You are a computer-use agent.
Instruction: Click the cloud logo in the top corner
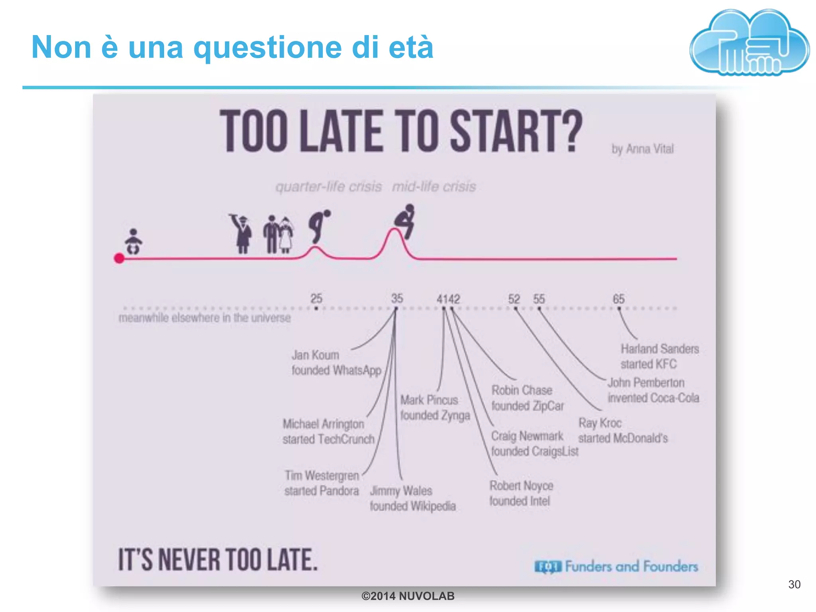[749, 43]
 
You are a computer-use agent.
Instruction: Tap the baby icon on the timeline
[133, 241]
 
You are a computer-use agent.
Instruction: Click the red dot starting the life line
[119, 258]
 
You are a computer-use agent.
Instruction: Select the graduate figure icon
[242, 234]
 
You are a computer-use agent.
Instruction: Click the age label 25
[316, 298]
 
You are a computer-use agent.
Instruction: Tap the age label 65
[619, 299]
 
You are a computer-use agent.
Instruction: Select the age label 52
[514, 299]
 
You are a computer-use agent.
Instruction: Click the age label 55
[539, 299]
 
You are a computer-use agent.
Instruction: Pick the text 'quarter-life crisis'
[329, 186]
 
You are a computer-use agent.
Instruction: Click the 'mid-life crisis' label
[434, 186]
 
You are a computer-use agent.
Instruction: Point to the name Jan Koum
[315, 355]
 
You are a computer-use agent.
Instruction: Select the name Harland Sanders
[660, 349]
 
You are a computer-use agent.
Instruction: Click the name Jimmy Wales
[401, 490]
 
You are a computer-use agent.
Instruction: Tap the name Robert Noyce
[521, 486]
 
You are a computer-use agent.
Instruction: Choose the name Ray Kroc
[600, 423]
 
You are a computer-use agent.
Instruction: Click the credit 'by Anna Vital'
[643, 149]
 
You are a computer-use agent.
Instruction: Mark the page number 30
[794, 585]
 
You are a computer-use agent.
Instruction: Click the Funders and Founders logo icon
[548, 567]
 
